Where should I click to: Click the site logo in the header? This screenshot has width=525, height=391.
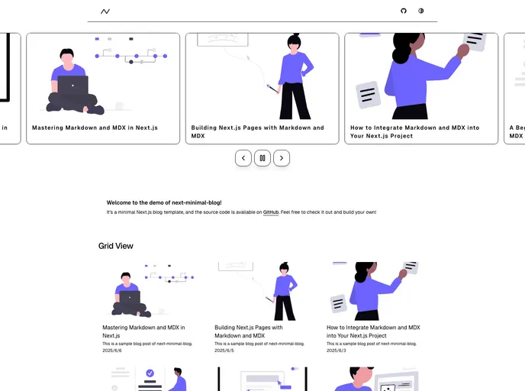(105, 11)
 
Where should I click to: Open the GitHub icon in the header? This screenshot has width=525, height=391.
(404, 11)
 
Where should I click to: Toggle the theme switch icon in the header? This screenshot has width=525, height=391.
(420, 11)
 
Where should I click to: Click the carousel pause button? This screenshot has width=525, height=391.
(262, 158)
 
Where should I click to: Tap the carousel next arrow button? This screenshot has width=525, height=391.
(282, 158)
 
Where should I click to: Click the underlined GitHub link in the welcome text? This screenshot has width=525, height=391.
(271, 212)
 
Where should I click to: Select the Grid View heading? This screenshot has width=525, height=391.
(116, 246)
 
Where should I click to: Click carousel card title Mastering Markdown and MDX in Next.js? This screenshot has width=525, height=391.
(95, 128)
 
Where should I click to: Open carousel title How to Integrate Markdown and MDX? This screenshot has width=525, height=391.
(414, 131)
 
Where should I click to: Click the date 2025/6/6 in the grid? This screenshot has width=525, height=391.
(111, 351)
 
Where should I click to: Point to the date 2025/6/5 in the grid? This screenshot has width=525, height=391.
(224, 351)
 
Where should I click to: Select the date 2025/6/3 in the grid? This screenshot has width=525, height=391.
(336, 351)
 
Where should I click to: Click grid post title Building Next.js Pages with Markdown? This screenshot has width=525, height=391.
(248, 331)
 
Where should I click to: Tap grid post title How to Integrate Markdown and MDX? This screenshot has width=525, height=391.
(373, 331)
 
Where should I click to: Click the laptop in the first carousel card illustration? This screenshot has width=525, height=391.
(72, 85)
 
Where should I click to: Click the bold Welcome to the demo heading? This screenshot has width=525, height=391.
(164, 202)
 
